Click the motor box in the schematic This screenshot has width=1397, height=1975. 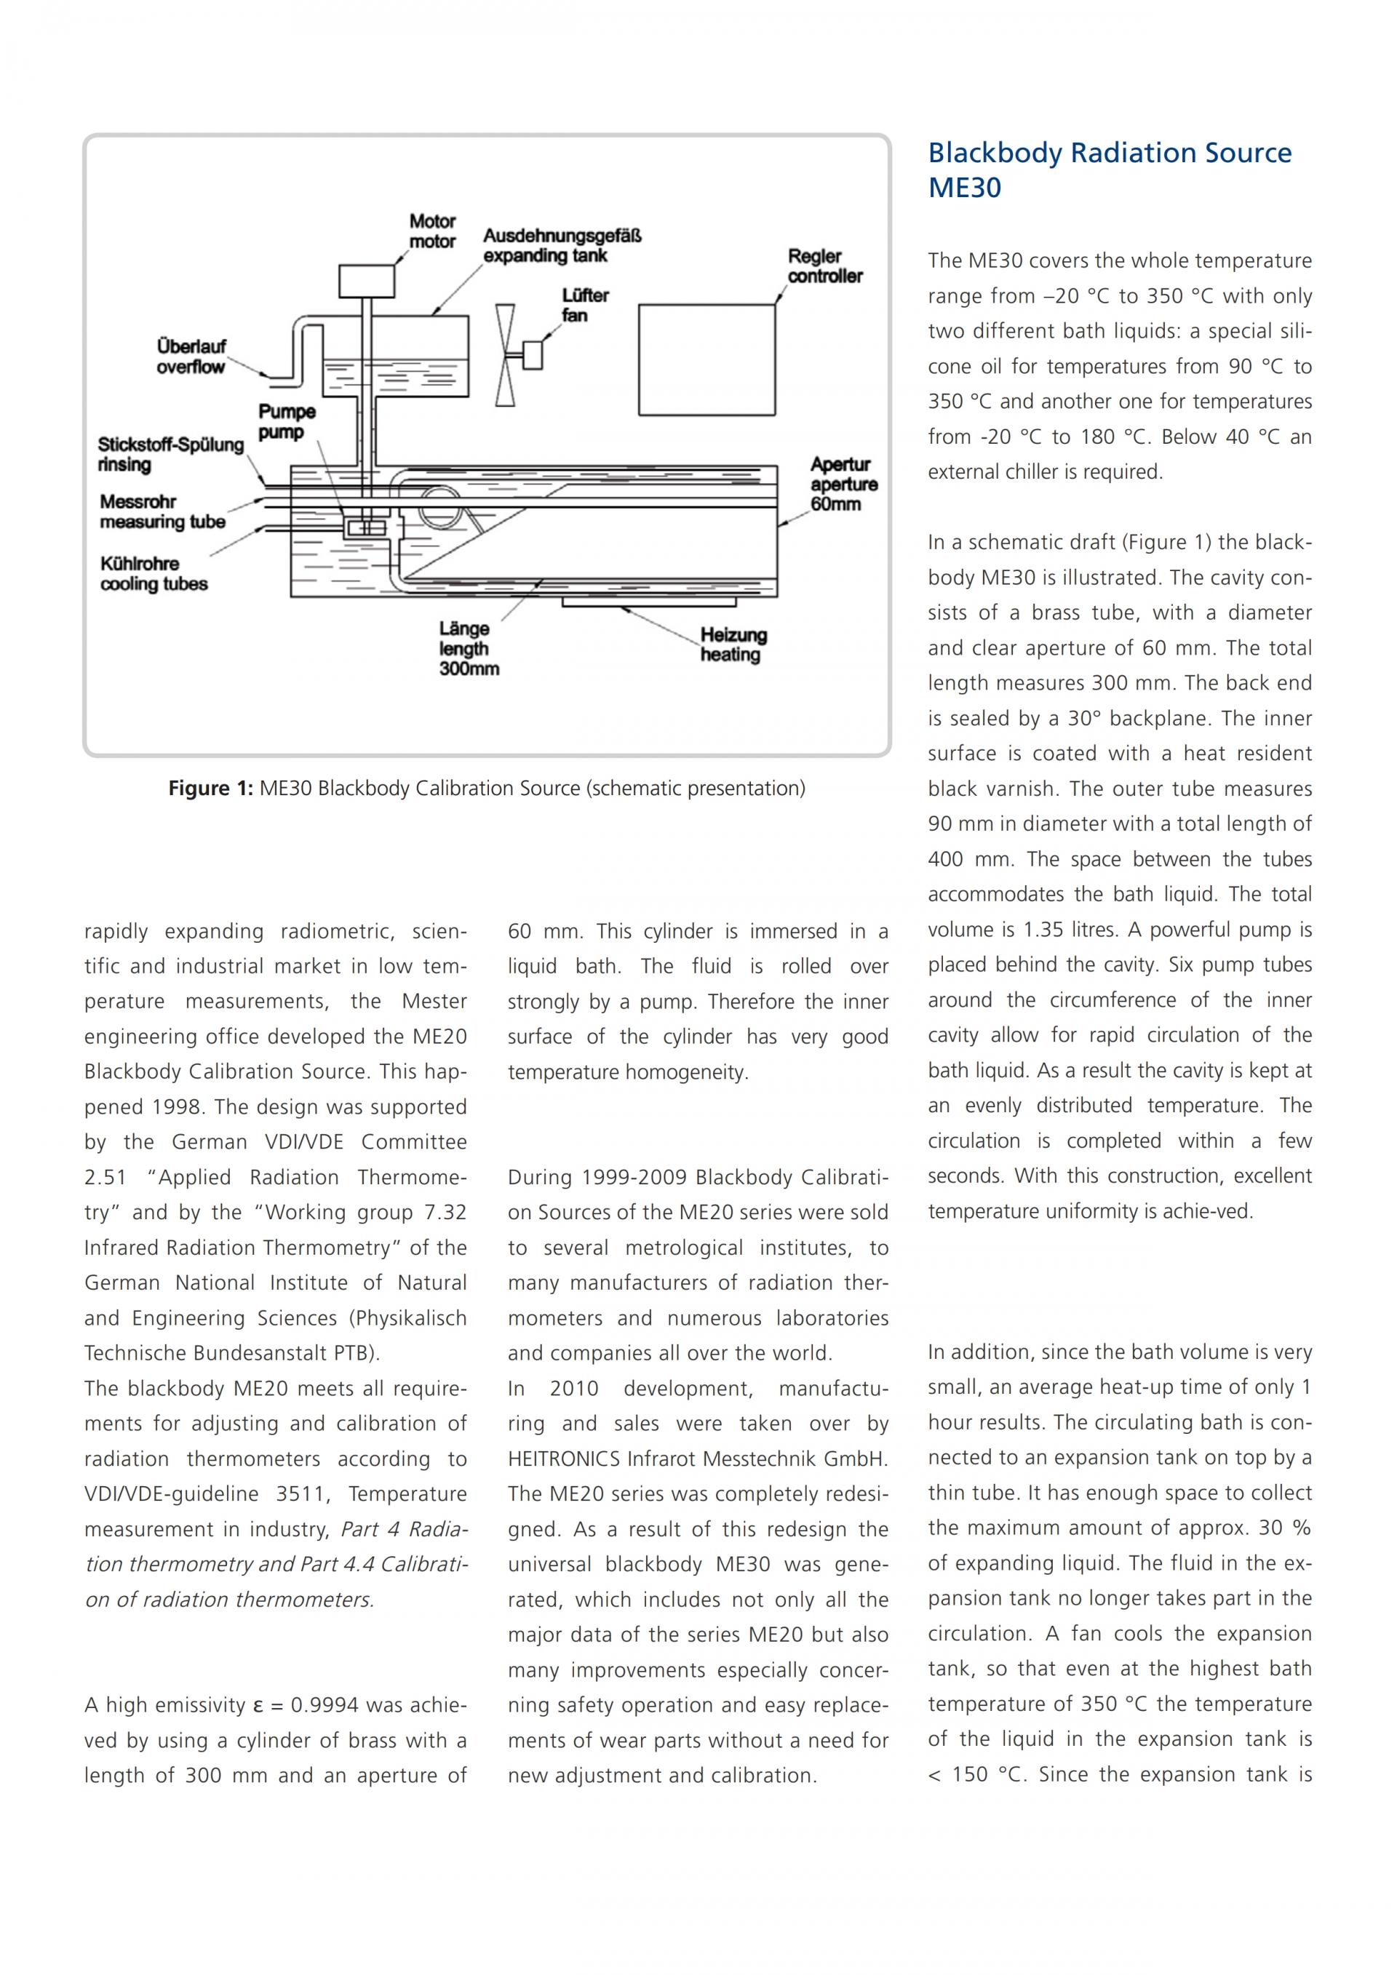pyautogui.click(x=367, y=280)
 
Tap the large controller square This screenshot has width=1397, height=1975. pyautogui.click(x=707, y=359)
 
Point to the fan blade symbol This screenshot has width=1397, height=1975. pyautogui.click(x=506, y=354)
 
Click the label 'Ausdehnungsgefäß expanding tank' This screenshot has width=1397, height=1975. pyautogui.click(x=562, y=245)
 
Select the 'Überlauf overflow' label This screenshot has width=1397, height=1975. pyautogui.click(x=191, y=357)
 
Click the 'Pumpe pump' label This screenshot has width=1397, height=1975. pyautogui.click(x=287, y=423)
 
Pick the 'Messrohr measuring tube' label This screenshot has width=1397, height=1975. pyautogui.click(x=162, y=512)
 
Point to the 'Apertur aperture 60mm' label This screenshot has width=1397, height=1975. pyautogui.click(x=844, y=484)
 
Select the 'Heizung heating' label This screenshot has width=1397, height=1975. pyautogui.click(x=733, y=645)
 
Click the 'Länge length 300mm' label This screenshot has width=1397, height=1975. pyautogui.click(x=469, y=649)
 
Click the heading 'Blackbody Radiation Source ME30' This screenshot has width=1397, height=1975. pyautogui.click(x=1110, y=169)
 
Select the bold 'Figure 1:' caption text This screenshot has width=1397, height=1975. pyautogui.click(x=210, y=788)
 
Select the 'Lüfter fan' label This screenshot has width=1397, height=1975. pyautogui.click(x=585, y=306)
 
